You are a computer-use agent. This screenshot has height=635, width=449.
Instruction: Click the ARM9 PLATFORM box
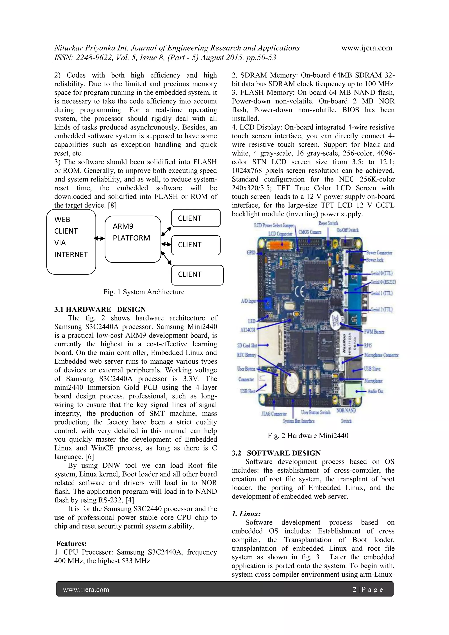(x=133, y=239)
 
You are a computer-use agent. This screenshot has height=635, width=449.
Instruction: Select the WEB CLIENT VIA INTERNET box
(x=71, y=242)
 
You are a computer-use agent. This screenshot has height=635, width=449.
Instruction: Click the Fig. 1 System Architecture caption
(x=144, y=292)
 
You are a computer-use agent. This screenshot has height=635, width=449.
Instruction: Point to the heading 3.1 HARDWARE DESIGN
(x=100, y=309)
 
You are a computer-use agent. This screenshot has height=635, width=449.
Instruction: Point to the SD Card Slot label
(x=247, y=345)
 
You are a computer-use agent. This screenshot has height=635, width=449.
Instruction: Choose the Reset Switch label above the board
(x=328, y=223)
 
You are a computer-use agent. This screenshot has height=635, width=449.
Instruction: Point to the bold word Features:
(x=71, y=543)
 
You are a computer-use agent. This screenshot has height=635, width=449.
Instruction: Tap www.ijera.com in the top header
(x=367, y=48)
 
